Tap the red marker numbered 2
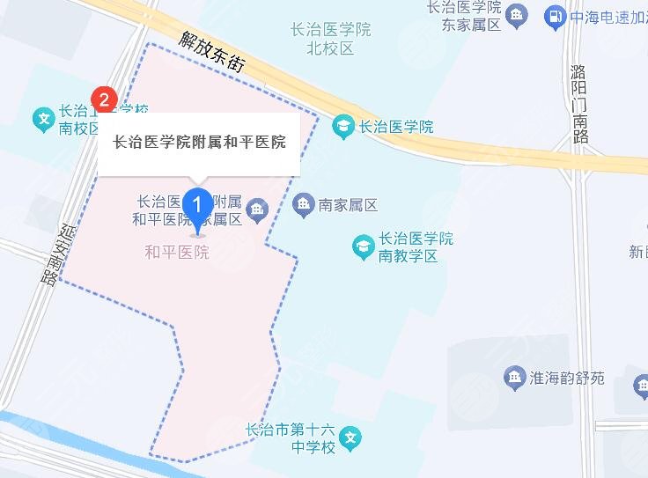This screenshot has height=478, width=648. (x=105, y=99)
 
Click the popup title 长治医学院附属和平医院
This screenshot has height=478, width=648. (x=199, y=143)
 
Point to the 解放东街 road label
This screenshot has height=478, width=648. (x=210, y=52)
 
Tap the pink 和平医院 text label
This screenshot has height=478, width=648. (x=177, y=253)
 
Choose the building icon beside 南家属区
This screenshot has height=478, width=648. (x=303, y=206)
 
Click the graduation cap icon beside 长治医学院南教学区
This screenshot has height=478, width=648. (x=362, y=246)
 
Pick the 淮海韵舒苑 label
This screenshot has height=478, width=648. (x=567, y=379)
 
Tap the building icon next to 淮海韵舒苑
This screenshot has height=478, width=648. (x=514, y=379)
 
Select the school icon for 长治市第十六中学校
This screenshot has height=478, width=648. (x=350, y=437)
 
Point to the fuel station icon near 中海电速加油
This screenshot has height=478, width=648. (x=554, y=15)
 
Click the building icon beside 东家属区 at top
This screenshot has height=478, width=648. (x=518, y=15)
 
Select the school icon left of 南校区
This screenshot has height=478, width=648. (x=41, y=119)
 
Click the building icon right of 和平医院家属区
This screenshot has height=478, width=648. (x=257, y=210)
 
